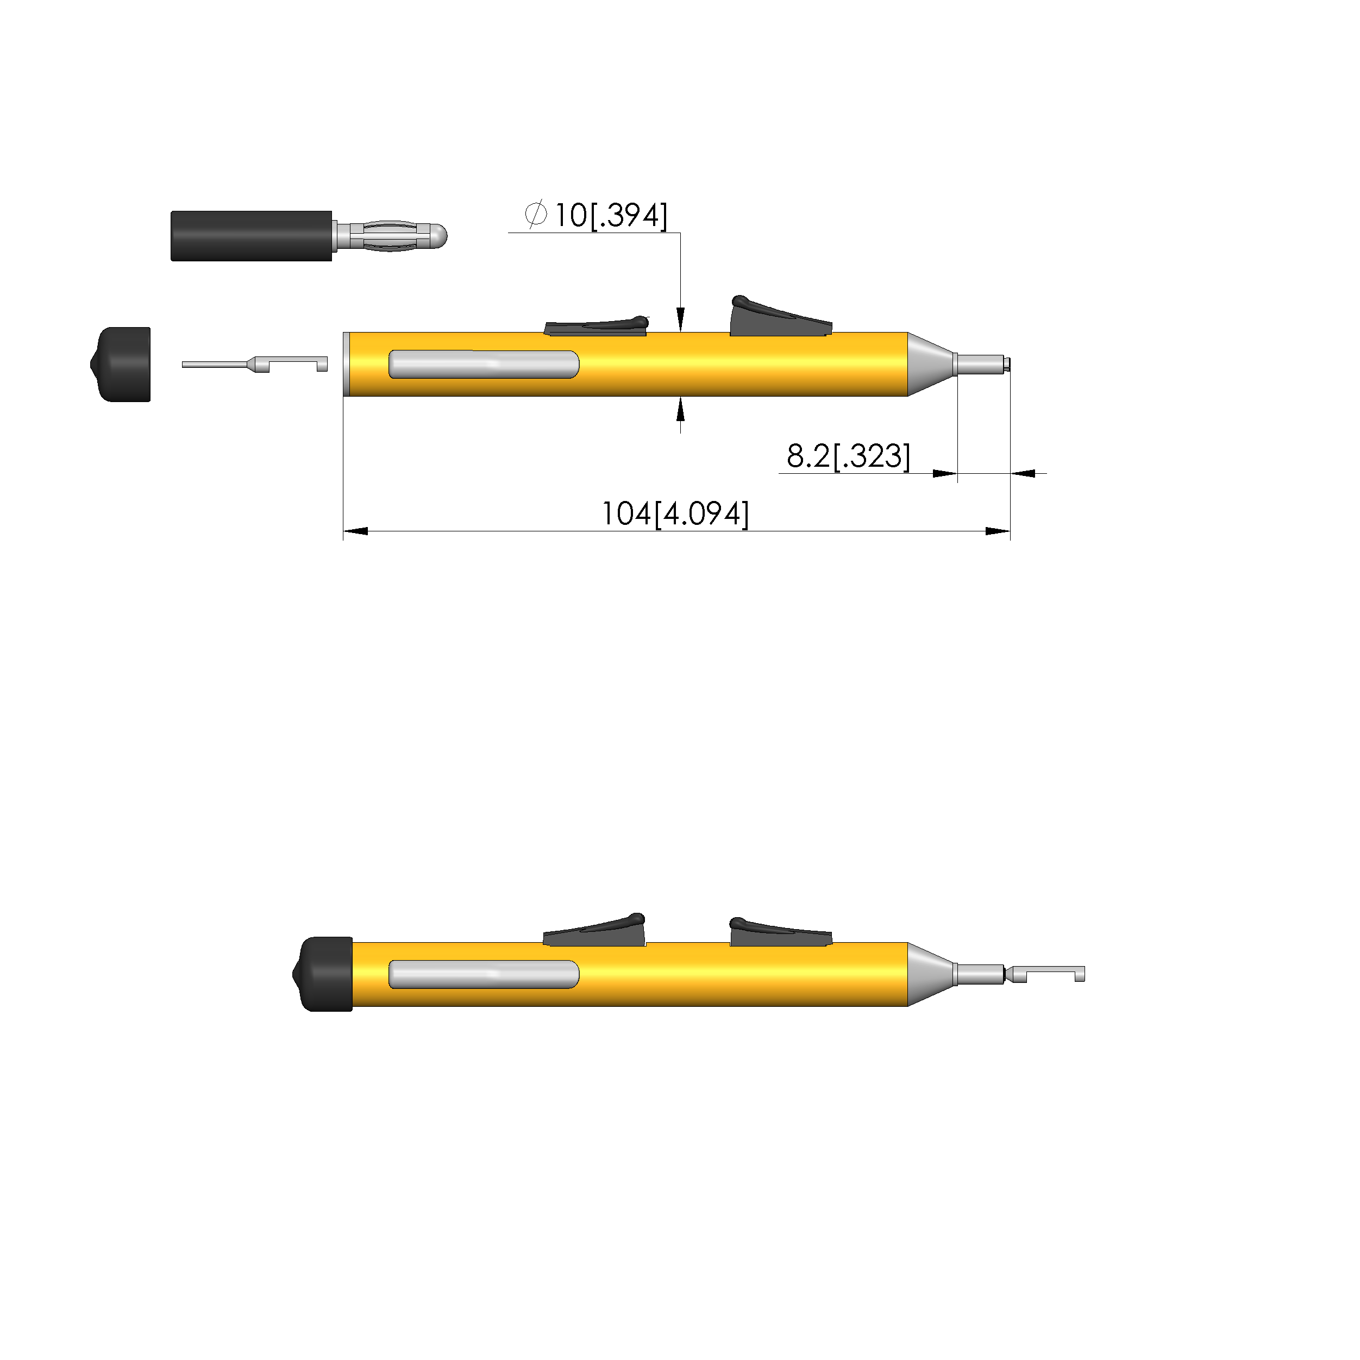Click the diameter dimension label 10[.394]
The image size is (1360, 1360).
click(x=610, y=215)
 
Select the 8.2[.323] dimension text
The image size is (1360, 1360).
click(x=848, y=456)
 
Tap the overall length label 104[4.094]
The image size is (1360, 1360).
click(x=675, y=514)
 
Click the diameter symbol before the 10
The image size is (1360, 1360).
click(x=536, y=214)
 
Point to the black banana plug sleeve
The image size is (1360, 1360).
click(x=252, y=236)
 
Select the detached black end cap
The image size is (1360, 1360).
click(x=121, y=365)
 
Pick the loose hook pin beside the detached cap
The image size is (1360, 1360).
click(x=255, y=364)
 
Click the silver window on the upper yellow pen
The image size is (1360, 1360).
click(x=484, y=365)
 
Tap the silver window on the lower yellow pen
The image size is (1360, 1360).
click(x=484, y=974)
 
